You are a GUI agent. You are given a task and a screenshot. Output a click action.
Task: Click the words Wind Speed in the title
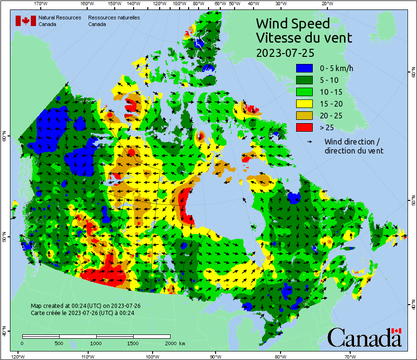click(292, 23)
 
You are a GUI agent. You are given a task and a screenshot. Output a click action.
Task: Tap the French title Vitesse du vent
click(304, 37)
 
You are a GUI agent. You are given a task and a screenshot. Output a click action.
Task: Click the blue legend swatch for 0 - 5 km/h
click(305, 69)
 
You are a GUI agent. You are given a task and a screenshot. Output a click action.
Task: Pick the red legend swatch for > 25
click(305, 127)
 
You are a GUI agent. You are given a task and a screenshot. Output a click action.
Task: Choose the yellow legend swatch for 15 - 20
click(305, 104)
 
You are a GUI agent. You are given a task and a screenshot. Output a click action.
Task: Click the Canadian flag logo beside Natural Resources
click(26, 21)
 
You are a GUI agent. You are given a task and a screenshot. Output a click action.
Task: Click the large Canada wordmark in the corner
click(364, 338)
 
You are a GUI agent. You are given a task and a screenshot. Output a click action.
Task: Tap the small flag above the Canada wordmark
click(396, 331)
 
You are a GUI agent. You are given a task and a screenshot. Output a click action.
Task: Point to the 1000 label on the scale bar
click(96, 343)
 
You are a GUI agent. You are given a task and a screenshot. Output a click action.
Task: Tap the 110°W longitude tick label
click(87, 356)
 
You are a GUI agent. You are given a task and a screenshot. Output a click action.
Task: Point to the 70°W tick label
click(350, 356)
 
